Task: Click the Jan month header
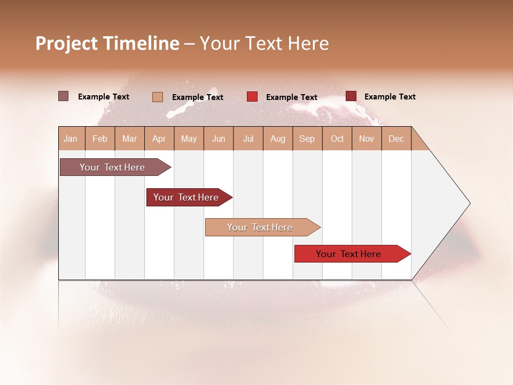71,138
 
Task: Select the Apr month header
159,138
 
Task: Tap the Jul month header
248,138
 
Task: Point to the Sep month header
307,138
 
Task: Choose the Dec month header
397,138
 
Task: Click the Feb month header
100,138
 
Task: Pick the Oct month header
337,138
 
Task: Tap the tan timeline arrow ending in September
260,227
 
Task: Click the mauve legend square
64,96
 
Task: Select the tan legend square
158,97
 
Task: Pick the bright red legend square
252,97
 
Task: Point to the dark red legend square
351,96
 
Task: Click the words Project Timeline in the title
107,43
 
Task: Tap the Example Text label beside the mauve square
104,97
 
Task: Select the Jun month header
219,138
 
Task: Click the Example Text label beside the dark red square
390,97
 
